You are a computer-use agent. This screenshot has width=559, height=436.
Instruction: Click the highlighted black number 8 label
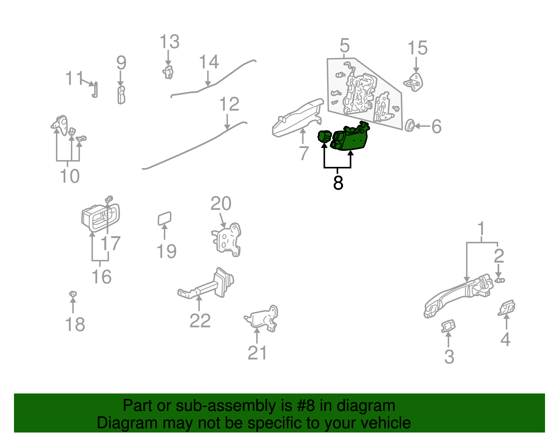click(338, 183)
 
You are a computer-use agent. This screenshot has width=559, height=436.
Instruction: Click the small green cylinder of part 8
click(324, 136)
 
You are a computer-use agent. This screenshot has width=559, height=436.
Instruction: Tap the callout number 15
click(417, 48)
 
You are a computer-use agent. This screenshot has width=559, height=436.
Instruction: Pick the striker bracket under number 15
click(414, 82)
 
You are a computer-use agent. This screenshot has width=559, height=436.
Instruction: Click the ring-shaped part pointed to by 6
click(409, 126)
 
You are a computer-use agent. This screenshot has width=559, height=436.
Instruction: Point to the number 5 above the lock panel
click(344, 46)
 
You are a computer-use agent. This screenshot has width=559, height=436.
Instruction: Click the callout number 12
click(229, 104)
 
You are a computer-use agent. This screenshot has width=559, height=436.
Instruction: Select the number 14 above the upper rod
click(209, 62)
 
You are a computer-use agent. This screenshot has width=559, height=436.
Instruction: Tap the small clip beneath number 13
click(168, 72)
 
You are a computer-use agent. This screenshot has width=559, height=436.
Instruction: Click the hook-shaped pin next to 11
click(95, 90)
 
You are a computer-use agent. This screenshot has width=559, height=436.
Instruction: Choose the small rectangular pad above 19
click(165, 219)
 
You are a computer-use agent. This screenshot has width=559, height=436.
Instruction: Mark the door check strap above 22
click(210, 284)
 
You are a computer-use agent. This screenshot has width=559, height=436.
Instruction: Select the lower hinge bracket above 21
click(264, 318)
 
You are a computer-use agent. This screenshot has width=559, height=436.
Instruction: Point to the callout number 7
click(304, 153)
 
